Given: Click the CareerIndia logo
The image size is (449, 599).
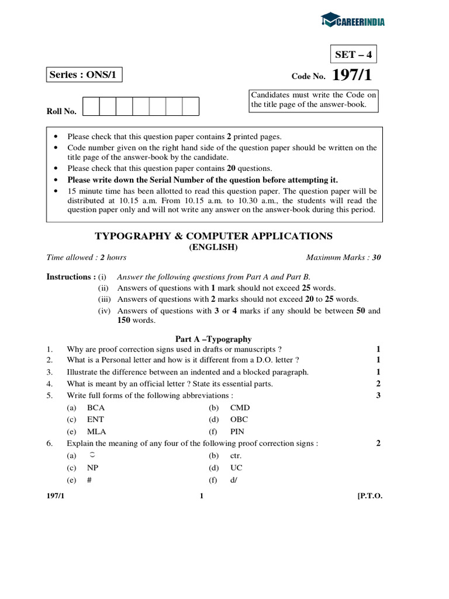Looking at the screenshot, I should click(353, 22).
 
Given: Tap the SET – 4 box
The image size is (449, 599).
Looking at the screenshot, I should click(353, 55).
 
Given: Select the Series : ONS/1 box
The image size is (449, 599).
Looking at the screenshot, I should click(85, 75).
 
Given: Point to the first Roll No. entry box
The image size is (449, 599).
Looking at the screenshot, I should click(91, 106).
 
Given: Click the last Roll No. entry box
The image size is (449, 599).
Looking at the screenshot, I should click(191, 106).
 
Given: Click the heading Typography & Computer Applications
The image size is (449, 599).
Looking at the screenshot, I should click(213, 236).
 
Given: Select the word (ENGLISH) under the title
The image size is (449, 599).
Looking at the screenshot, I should click(213, 247).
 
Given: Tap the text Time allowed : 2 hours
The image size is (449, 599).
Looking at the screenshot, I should click(87, 257).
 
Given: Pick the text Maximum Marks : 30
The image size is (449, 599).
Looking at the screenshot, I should click(343, 257).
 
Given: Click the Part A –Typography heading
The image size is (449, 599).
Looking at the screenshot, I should click(213, 339).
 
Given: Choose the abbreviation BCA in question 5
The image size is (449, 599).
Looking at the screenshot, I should click(96, 407).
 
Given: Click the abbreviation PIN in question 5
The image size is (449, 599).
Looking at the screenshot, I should click(237, 432).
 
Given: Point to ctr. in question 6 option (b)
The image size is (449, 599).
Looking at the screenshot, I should click(236, 456).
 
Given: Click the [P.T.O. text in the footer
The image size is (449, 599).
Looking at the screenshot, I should click(369, 496).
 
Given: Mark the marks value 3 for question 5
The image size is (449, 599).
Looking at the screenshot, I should click(378, 395).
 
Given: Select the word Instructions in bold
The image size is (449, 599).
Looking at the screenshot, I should click(68, 277).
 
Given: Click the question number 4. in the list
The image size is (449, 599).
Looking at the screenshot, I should click(50, 384).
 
